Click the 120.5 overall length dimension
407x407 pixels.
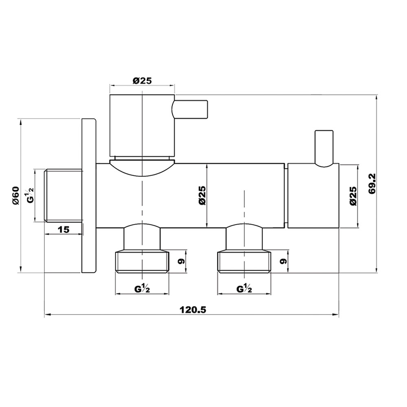click(x=193, y=310)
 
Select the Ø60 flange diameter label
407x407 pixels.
click(x=16, y=195)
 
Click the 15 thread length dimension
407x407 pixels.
click(x=63, y=230)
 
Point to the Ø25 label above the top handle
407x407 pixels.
click(x=142, y=81)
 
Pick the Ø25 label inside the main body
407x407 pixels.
click(x=202, y=196)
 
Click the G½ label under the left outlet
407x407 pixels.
click(x=142, y=289)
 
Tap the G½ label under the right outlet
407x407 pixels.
click(x=244, y=289)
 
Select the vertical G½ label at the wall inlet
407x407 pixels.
click(x=31, y=195)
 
